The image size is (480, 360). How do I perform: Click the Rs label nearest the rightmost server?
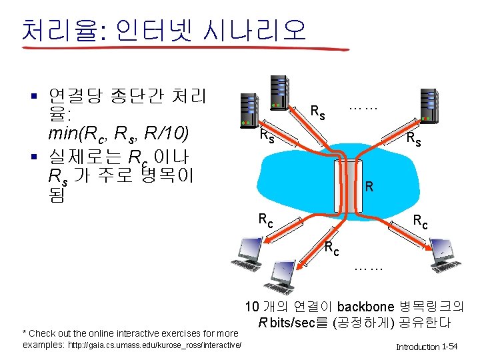point(413,140)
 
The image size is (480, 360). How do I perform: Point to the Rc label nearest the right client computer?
point(420,221)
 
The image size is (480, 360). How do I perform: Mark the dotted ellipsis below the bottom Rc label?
point(368,268)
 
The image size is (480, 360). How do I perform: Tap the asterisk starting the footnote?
point(25,333)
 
